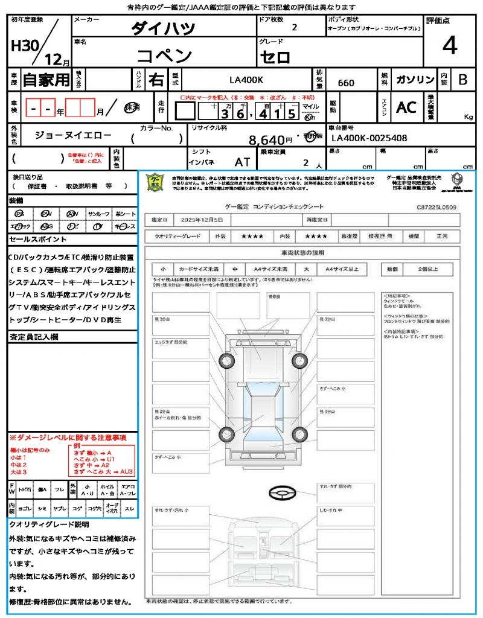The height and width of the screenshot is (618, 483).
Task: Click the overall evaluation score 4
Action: coord(449,46)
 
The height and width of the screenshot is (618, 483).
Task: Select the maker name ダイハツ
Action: coord(163,28)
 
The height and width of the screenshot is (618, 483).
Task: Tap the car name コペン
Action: coord(164,56)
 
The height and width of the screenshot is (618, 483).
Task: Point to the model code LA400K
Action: coord(246,80)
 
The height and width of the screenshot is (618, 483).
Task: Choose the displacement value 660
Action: coord(346,83)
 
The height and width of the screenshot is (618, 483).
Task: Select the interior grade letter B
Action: coord(462,80)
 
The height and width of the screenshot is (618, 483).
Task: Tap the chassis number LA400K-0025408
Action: coord(369,138)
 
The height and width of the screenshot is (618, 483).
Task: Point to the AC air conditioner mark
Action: coord(406,107)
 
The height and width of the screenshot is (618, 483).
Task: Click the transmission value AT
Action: coord(242,162)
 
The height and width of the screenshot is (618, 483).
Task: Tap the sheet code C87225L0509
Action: coord(436,207)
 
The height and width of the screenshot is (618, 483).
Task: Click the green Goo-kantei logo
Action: coord(156,182)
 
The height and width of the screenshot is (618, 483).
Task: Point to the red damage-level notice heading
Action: coord(68,437)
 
